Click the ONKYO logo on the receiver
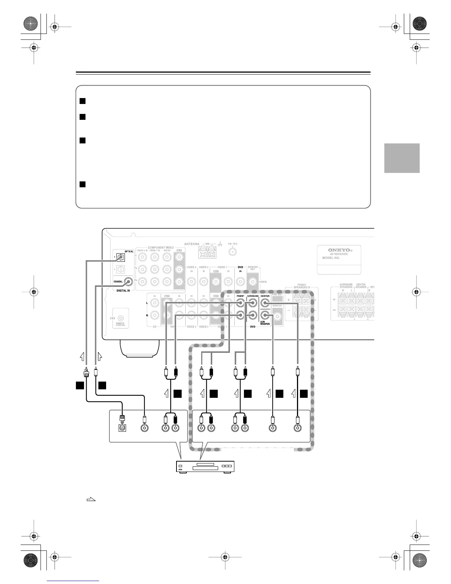coord(339,250)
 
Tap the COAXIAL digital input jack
coord(128,282)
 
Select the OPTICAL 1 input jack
coord(120,257)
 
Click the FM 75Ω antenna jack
coord(233,252)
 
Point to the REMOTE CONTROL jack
coord(120,318)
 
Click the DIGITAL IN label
coord(123,291)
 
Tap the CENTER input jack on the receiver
coord(265,303)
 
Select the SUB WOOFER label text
coord(265,323)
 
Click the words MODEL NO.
coord(331,258)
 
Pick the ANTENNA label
coord(192,244)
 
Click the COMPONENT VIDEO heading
coord(161,247)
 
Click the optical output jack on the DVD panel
coord(122,428)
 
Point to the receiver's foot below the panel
coord(139,348)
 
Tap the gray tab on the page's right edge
coord(402,158)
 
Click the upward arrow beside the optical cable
coord(83,357)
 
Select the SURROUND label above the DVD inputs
coord(252,296)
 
